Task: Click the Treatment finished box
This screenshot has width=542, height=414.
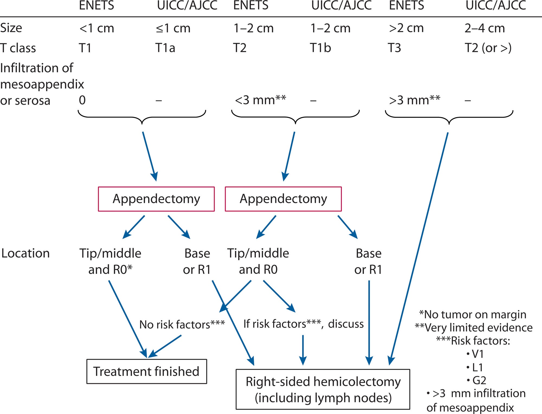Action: pos(147,371)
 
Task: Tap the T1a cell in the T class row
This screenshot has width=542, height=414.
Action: pos(165,48)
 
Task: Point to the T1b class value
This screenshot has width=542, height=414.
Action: pos(320,48)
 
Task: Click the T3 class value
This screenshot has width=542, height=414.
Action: pos(394,48)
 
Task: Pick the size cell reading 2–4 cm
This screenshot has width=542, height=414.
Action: pos(485,28)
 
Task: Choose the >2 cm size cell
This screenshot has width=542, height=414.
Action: pos(406,28)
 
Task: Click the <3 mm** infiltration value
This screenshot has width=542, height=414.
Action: pos(260,100)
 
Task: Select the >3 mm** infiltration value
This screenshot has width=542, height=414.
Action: pos(414,100)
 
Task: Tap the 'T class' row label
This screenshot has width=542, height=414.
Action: pos(18,48)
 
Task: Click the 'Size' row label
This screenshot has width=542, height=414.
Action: pos(11,28)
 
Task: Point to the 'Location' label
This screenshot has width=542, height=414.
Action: pos(25,254)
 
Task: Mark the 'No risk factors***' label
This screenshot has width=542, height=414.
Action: pos(182,324)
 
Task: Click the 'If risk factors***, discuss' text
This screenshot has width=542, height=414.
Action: pos(303,324)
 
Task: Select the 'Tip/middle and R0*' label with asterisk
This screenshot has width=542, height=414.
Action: pos(110,261)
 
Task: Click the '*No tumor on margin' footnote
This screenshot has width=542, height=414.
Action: pos(473,315)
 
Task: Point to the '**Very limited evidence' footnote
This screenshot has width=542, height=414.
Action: pos(474,328)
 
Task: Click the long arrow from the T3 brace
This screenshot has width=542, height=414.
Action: pos(419,249)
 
